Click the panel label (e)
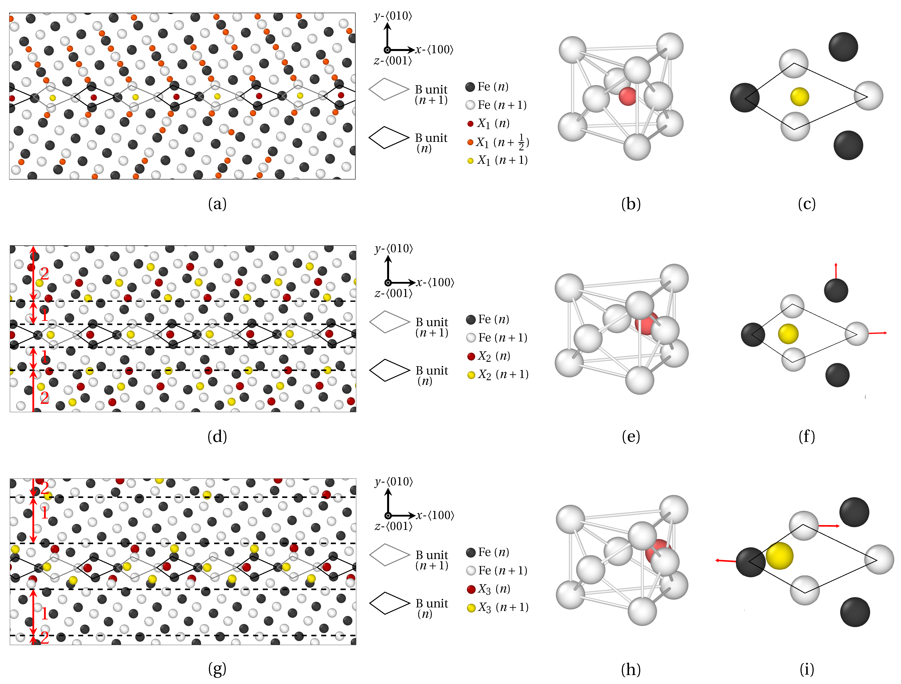coord(631,436)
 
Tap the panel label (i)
coord(806,669)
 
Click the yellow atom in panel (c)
coord(799,97)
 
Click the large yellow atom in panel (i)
coord(779,556)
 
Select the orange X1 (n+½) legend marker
coord(471,142)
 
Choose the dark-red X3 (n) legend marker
coord(471,589)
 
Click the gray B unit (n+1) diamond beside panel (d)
coord(389,322)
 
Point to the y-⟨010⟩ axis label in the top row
coord(393,16)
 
